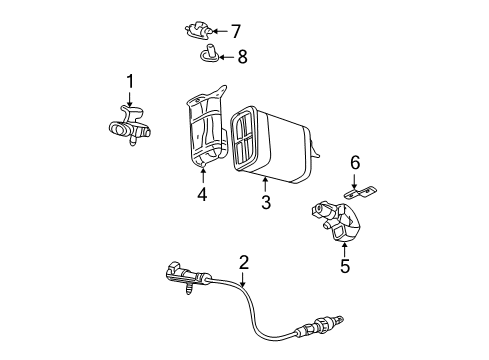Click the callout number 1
point(128,81)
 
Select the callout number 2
point(243,263)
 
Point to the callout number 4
point(202,196)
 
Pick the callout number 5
point(346,267)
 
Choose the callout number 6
point(353,162)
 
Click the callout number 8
point(241,57)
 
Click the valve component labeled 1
point(127,127)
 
